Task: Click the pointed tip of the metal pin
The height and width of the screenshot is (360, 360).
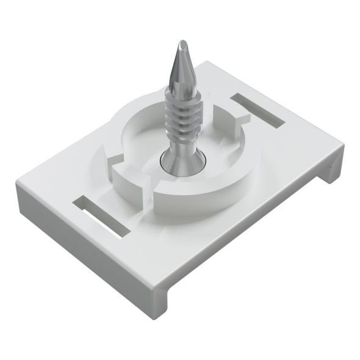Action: tap(182, 43)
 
